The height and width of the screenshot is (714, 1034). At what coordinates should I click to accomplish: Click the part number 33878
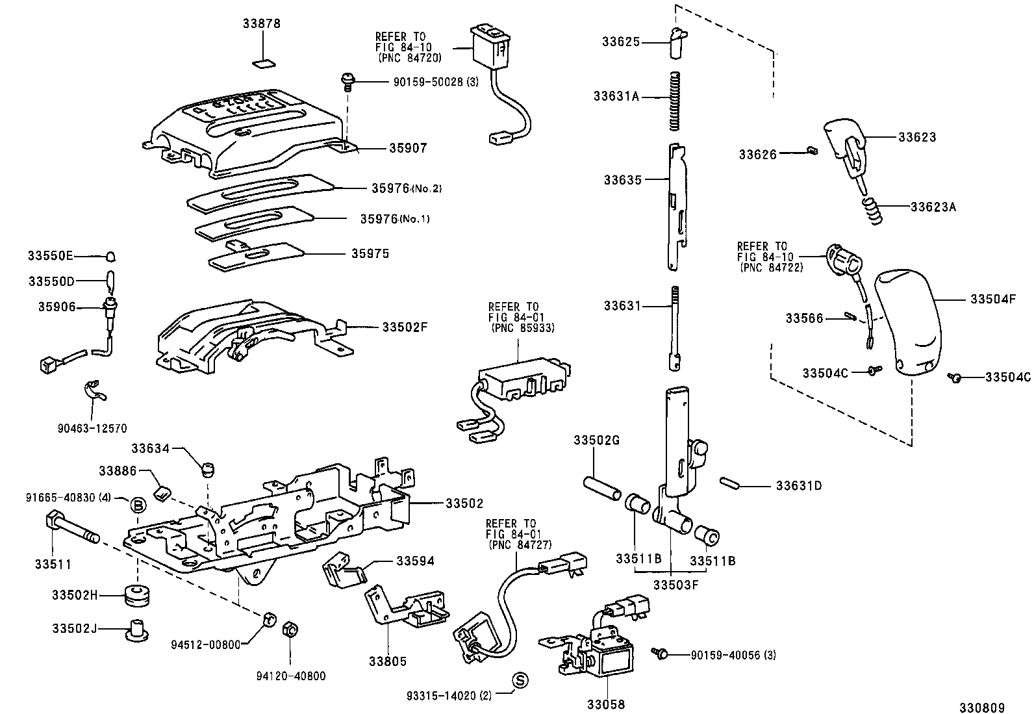click(262, 23)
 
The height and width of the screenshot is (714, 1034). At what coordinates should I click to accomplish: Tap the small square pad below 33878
click(262, 63)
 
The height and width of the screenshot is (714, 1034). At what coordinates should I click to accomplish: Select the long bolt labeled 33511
click(71, 527)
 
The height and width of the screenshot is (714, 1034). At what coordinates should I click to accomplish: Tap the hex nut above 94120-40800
click(290, 628)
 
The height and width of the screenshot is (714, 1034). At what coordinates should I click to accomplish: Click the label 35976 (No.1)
click(395, 219)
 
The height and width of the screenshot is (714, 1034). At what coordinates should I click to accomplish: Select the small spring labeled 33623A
click(873, 212)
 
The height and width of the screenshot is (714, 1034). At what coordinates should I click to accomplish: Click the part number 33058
click(607, 704)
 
